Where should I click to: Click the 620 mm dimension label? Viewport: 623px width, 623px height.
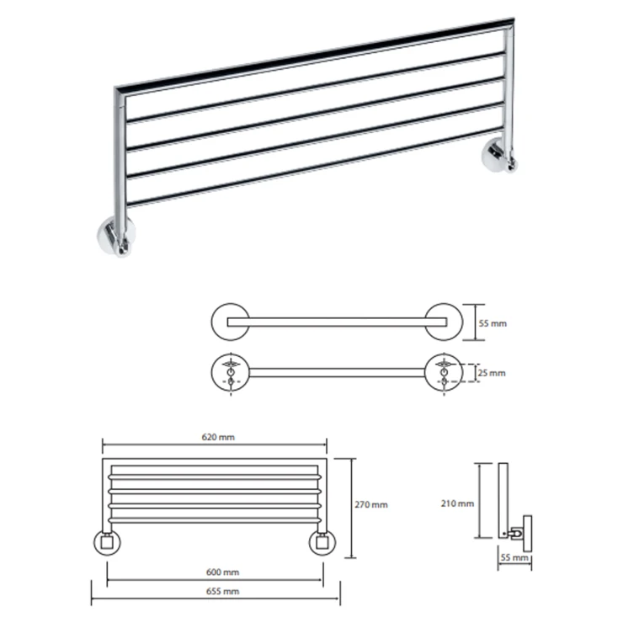pos(218,438)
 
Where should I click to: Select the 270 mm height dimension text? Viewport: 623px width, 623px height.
pos(371,504)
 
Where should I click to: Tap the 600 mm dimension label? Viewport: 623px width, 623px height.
pos(222,572)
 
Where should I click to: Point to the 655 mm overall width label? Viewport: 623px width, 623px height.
pos(222,591)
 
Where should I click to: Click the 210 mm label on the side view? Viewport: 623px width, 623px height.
pos(457,503)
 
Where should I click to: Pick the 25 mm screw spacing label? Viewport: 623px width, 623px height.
pos(492,373)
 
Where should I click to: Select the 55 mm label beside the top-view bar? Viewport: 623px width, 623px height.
pos(493,323)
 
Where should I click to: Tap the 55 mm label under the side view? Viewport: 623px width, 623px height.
pos(514,557)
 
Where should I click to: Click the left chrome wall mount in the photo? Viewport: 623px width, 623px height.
pos(116,237)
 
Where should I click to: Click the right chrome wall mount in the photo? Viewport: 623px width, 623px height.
pos(498,155)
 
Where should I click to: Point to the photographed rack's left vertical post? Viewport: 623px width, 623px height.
pos(120,159)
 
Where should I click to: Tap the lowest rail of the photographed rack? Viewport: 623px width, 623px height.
pos(314,167)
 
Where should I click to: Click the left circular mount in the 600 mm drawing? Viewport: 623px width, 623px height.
pos(107,542)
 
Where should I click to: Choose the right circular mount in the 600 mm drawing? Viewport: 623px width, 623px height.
pos(322,542)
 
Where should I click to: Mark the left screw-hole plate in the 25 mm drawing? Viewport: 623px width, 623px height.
pos(231,372)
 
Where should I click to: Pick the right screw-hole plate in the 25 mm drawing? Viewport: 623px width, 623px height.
pos(444,372)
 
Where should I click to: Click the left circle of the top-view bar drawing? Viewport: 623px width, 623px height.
pos(231,322)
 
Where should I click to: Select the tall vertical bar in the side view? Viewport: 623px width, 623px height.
pos(503,500)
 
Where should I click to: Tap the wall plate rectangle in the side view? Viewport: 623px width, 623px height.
pos(527,533)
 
